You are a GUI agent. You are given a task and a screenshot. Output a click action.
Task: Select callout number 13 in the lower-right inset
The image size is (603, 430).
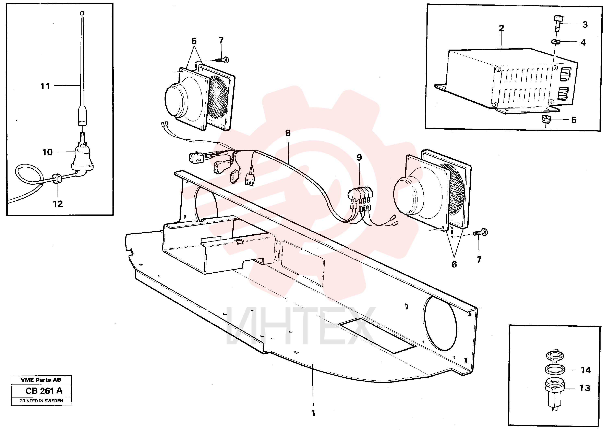pyautogui.click(x=585, y=388)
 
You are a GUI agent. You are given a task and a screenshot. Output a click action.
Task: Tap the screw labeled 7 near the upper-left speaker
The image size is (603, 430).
pyautogui.click(x=222, y=60)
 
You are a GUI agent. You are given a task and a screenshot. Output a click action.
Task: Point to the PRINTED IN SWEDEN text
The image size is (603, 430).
pyautogui.click(x=41, y=401)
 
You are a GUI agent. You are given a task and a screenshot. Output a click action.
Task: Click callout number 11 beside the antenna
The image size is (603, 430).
pyautogui.click(x=45, y=86)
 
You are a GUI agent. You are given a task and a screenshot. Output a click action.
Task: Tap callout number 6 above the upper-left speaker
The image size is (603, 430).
pyautogui.click(x=194, y=41)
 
